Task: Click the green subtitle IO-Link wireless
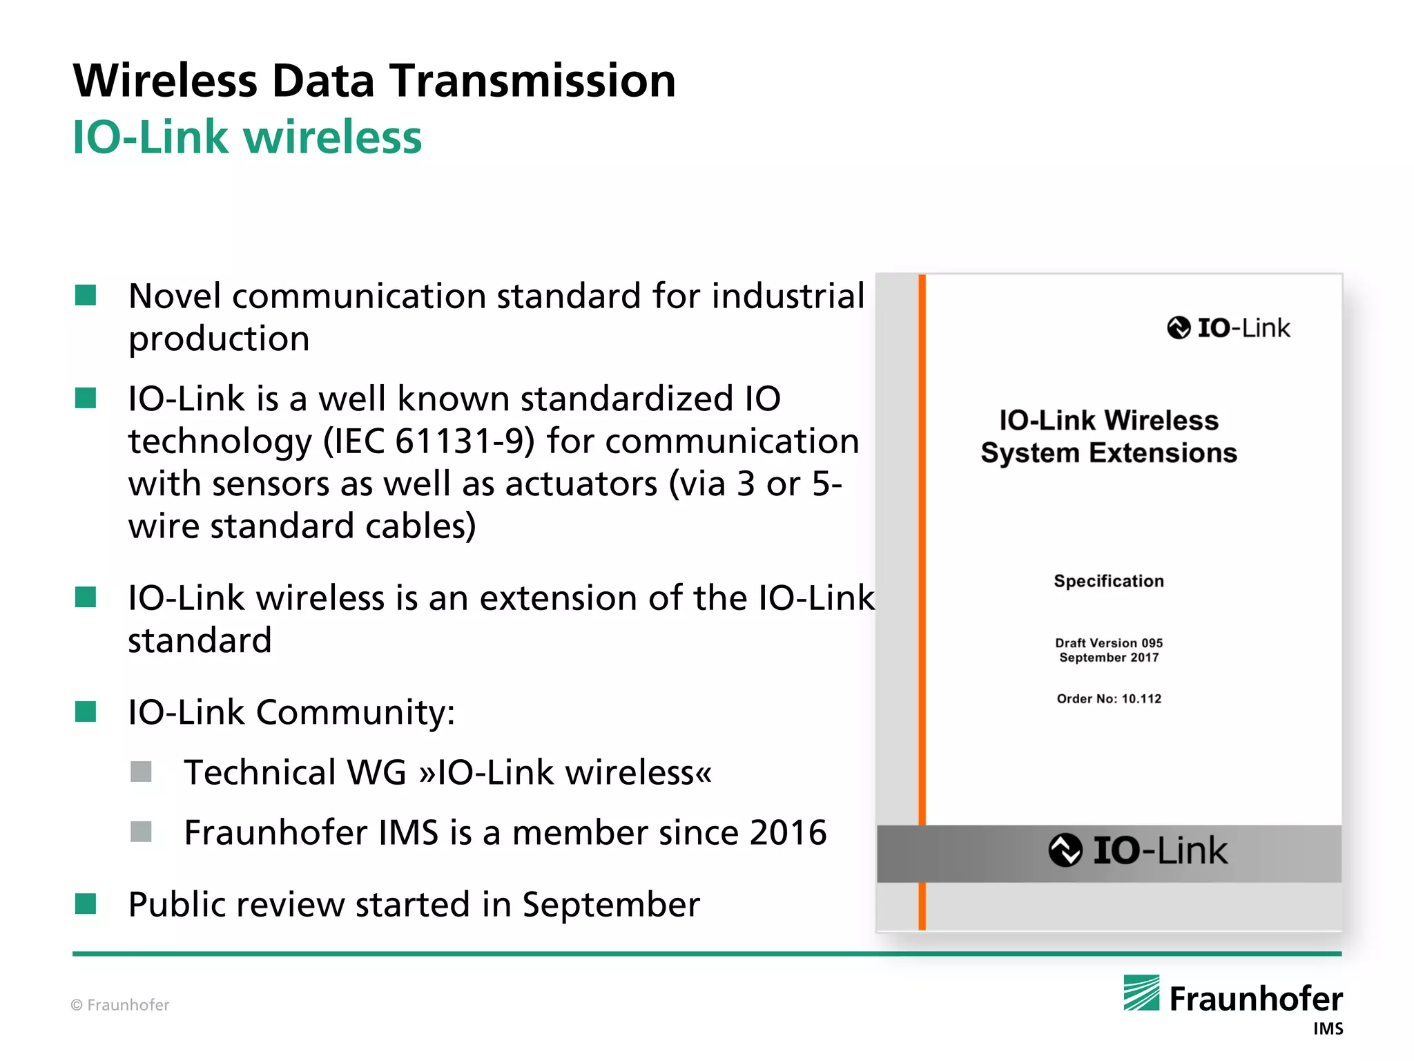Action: pos(246,137)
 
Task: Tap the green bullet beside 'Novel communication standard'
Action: pos(86,295)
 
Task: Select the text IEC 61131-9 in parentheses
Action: pos(429,441)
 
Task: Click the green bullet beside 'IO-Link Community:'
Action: pos(86,711)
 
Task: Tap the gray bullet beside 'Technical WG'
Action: pos(141,772)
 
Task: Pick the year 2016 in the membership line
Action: pos(788,832)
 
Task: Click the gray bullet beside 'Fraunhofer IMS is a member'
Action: pos(141,832)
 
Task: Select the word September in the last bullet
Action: pos(610,904)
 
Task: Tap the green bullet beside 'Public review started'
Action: pos(86,904)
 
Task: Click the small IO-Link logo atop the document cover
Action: pos(1228,328)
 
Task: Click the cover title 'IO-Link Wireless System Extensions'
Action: pos(1108,437)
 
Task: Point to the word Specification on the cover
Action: pos(1108,581)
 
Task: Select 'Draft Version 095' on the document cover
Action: pos(1108,642)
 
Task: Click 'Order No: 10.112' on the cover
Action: pos(1108,698)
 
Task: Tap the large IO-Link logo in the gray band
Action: pos(1138,850)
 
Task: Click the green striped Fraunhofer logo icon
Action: pos(1141,993)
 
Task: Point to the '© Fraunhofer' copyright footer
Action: pos(120,1005)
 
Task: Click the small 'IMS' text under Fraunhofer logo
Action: pos(1328,1029)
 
